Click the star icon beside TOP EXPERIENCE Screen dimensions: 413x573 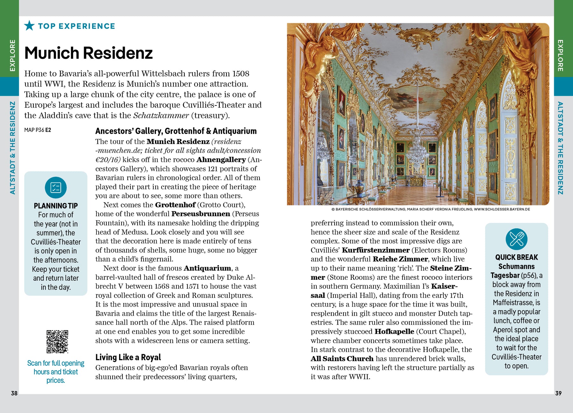(x=29, y=25)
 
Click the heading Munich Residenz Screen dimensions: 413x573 (x=88, y=53)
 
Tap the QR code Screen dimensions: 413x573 (x=57, y=341)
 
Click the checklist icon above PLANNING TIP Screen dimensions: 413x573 (x=56, y=188)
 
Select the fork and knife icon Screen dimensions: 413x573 (x=516, y=239)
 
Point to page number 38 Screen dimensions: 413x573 (x=14, y=393)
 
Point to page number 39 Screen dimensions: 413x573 (x=558, y=393)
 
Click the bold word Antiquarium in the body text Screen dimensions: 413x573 (x=207, y=268)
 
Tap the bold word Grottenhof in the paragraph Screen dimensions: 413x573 (x=175, y=205)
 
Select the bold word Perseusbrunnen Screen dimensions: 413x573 (x=201, y=214)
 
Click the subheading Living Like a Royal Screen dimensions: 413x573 (x=128, y=357)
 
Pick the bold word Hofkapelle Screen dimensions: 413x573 (x=394, y=331)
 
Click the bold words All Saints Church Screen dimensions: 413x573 (x=342, y=359)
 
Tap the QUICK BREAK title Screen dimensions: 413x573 (x=516, y=257)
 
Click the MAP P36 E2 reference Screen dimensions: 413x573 (x=38, y=130)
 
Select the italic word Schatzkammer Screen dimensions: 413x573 (x=161, y=115)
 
